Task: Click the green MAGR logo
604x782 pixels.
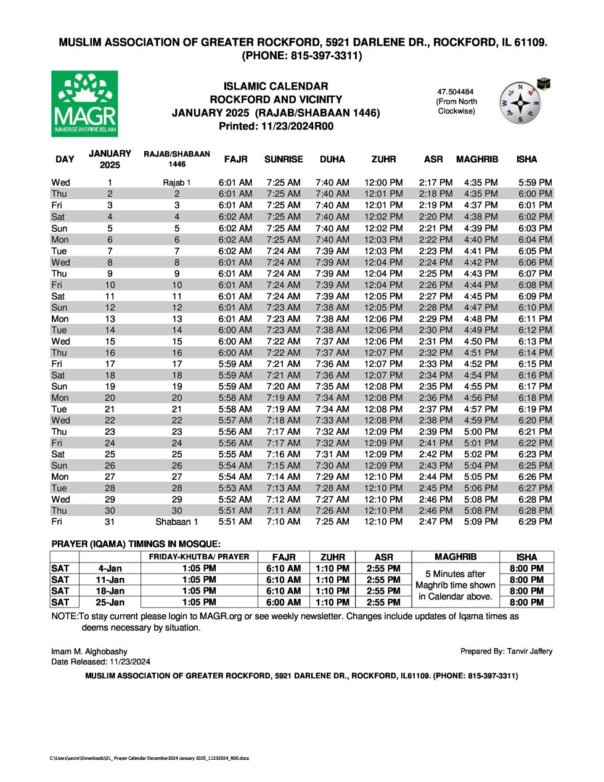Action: click(x=84, y=104)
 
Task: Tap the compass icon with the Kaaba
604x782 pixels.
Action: click(x=523, y=102)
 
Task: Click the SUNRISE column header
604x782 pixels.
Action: click(x=284, y=159)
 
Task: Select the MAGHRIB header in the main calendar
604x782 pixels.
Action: click(x=477, y=159)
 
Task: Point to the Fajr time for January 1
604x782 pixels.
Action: click(x=235, y=183)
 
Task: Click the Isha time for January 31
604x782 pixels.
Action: click(x=535, y=522)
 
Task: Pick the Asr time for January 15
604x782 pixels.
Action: click(x=436, y=341)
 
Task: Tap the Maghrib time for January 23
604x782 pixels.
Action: click(x=481, y=432)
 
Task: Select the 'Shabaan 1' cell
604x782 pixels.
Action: click(x=177, y=522)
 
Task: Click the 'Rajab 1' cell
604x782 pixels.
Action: click(x=177, y=183)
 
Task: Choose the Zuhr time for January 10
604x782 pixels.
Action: click(x=383, y=285)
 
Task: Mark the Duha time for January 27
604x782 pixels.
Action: click(x=332, y=477)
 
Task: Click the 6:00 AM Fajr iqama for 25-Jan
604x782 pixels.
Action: click(x=284, y=603)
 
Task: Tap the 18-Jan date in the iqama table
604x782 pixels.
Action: click(x=110, y=591)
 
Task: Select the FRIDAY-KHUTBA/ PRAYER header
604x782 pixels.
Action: click(x=199, y=557)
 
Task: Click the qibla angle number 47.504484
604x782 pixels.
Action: click(x=455, y=92)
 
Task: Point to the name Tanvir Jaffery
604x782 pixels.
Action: click(x=529, y=651)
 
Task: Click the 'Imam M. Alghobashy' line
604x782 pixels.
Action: click(x=89, y=651)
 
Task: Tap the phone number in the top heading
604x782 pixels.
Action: click(x=301, y=56)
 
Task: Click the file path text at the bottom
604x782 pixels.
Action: click(x=149, y=758)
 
